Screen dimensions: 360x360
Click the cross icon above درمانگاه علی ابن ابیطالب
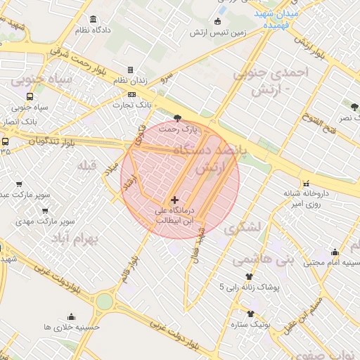[x=175, y=200]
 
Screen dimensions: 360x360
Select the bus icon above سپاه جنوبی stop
[x=30, y=97]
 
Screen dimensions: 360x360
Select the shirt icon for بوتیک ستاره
[x=250, y=314]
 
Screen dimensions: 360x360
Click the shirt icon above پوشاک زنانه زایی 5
[x=248, y=276]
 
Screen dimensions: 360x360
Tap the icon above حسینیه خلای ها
[x=71, y=316]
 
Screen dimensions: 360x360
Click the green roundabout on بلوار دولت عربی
[x=104, y=301]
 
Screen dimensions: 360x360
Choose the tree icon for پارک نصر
[x=355, y=107]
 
